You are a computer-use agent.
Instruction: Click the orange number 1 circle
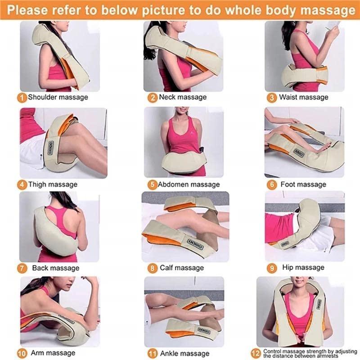point(22,97)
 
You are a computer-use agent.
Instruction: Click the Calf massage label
point(182,268)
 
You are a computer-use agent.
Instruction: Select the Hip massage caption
point(303,267)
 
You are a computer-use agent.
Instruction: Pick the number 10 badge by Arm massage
point(22,352)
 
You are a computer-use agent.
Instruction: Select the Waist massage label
point(304,97)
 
